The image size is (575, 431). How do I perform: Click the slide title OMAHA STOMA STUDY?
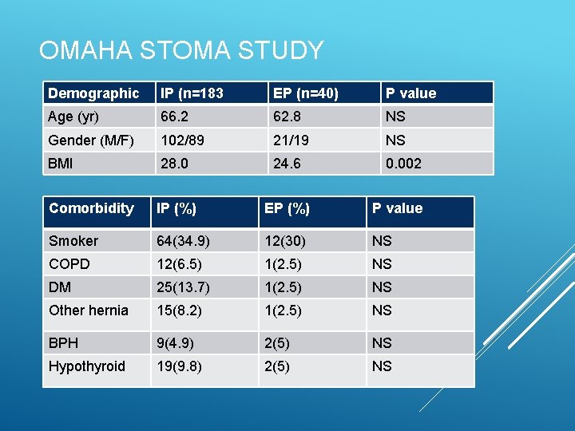point(180,51)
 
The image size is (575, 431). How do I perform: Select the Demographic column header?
point(93,93)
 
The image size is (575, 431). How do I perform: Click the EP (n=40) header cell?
point(306,93)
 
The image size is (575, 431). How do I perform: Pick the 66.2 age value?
point(174,117)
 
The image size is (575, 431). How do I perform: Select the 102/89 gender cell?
point(182,140)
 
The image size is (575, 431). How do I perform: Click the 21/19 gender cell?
point(291,140)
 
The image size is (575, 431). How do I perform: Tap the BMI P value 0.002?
point(404,164)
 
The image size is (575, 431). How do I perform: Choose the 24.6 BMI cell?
point(287,164)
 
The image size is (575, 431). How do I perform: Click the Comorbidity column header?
point(91,208)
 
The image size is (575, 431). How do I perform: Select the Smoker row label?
point(73,241)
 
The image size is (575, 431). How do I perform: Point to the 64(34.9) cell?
point(184,241)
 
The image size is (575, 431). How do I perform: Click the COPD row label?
point(69,264)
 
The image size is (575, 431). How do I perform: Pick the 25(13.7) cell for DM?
point(184,287)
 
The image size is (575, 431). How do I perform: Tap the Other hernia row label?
point(89,310)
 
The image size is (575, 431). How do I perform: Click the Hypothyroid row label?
point(87,366)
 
